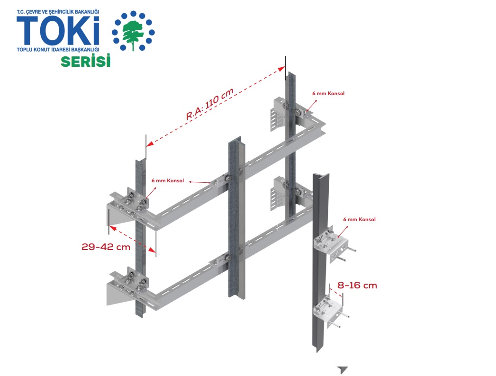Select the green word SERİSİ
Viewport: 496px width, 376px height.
point(85,61)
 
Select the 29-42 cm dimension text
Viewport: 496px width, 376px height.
point(105,247)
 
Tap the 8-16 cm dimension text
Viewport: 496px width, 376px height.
point(357,285)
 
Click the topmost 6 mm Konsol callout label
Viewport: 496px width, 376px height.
point(328,94)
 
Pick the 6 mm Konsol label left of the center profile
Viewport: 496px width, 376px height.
point(167,180)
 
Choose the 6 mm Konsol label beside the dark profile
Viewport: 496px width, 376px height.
point(360,220)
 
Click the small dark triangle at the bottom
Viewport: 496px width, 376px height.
point(343,370)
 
